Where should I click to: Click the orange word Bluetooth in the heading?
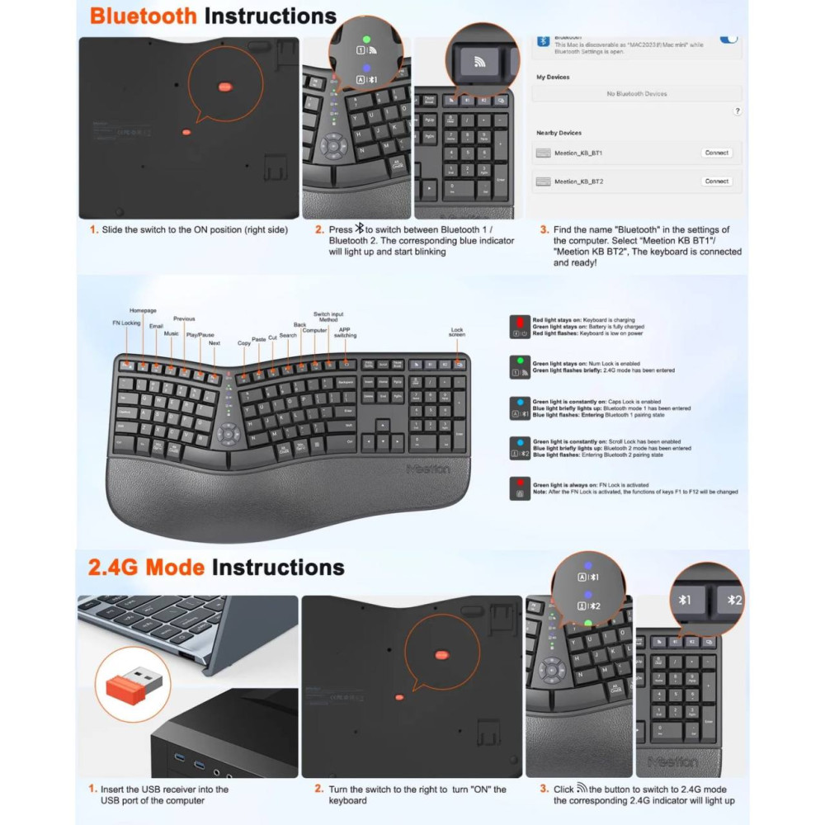click(144, 16)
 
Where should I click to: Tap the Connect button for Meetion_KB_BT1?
click(716, 153)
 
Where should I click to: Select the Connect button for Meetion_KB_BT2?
click(716, 181)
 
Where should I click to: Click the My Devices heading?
click(553, 77)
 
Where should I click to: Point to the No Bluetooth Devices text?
click(636, 94)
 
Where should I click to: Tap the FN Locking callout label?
click(126, 323)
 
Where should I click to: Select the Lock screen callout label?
click(457, 332)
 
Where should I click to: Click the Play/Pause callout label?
click(200, 335)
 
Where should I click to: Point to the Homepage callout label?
click(143, 311)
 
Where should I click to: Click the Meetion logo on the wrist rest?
click(428, 469)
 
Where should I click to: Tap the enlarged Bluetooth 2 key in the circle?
click(729, 600)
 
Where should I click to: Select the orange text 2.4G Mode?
click(146, 568)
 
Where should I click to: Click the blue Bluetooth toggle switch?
click(728, 38)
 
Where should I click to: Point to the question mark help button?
click(737, 111)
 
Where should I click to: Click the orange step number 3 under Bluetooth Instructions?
click(544, 230)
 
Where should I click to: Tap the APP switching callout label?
click(345, 332)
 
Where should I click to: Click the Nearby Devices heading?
click(559, 133)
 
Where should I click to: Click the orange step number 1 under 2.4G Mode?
click(92, 789)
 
